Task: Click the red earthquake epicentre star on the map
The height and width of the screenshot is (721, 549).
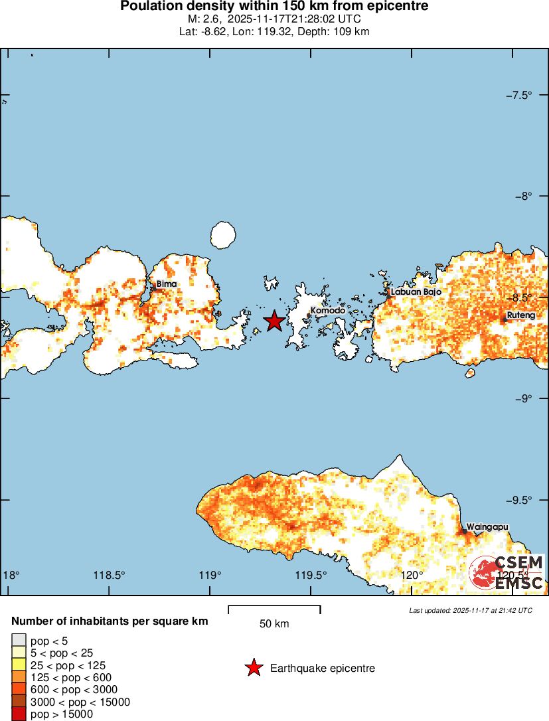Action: (275, 321)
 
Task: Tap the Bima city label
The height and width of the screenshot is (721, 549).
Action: (166, 284)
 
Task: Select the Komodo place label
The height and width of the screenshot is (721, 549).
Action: (328, 311)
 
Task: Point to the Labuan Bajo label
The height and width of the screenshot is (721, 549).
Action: (416, 291)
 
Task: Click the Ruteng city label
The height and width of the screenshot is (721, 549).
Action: (520, 315)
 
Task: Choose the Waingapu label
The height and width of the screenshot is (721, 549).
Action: (487, 527)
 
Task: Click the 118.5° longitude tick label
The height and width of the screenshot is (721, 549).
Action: (110, 575)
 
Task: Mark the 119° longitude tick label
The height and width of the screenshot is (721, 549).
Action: (210, 575)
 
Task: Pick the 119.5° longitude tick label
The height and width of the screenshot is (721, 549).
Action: (311, 575)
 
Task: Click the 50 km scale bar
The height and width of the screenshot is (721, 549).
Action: (274, 609)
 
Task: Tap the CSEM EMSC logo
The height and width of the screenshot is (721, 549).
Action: (507, 573)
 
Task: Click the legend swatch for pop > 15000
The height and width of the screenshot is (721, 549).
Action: (19, 714)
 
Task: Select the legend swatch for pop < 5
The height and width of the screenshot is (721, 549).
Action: (19, 640)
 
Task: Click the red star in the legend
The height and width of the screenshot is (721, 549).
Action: (253, 669)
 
